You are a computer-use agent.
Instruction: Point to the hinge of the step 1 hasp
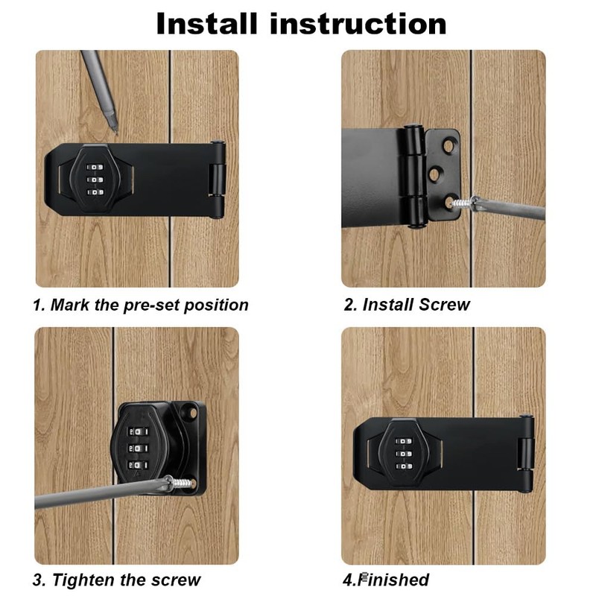point(217,179)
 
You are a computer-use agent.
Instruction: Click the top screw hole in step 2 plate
point(448,146)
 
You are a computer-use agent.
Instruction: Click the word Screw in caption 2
point(444,305)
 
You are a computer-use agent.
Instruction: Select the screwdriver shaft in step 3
point(89,495)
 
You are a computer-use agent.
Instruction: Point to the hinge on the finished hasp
point(527,454)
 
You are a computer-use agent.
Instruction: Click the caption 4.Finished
point(386,580)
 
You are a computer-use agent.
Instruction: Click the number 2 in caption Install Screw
point(348,305)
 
